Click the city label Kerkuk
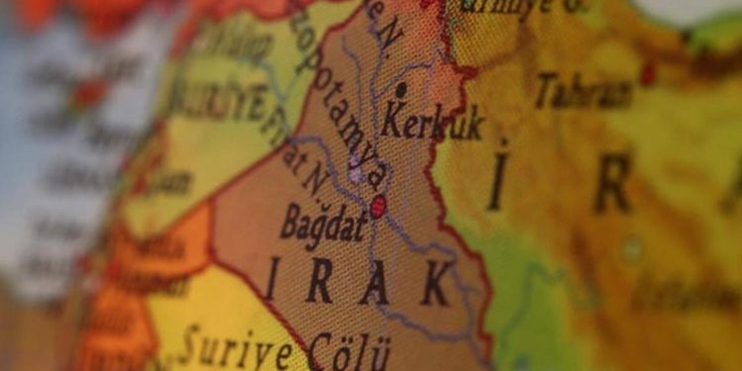[x=432, y=125]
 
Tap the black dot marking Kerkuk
[x=400, y=90]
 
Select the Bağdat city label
[x=323, y=223]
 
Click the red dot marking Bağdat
[x=378, y=207]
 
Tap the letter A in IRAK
[x=375, y=284]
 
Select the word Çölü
[x=348, y=351]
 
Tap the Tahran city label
[x=584, y=91]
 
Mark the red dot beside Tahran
[x=648, y=73]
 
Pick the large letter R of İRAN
[x=612, y=184]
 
